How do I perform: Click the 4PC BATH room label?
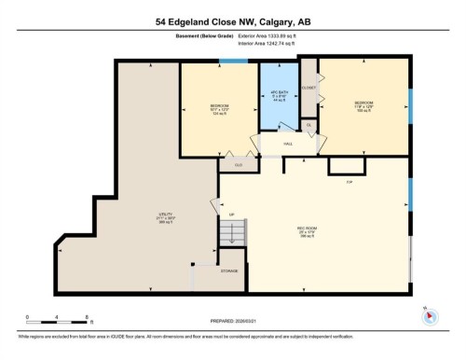[277, 93]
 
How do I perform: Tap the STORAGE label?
[228, 270]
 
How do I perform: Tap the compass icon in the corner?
[431, 314]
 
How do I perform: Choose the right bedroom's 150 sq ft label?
[363, 109]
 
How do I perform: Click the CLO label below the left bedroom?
[240, 165]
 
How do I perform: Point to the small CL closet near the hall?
[308, 124]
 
